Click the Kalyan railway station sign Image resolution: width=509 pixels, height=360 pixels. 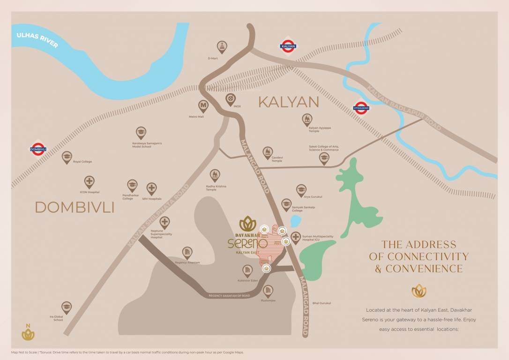(288, 45)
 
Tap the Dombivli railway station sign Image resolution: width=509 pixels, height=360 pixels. (38, 149)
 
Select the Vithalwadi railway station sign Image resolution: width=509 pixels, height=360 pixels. (361, 108)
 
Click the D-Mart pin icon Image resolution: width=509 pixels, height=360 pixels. (222, 46)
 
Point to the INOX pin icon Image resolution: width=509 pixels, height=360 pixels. (231, 98)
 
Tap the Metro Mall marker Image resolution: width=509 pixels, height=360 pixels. (203, 106)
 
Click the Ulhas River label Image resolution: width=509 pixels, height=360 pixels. (37, 40)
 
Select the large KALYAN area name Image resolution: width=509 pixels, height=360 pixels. (289, 102)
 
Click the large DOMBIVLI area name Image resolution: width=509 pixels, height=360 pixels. (75, 207)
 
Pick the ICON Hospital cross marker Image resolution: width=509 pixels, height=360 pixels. (89, 181)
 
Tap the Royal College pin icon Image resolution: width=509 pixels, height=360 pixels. (67, 157)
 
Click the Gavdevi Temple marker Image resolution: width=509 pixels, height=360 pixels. (268, 152)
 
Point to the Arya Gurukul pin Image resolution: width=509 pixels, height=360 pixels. (301, 190)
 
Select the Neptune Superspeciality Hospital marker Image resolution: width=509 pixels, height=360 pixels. (165, 222)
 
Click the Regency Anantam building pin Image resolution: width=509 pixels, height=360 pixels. (187, 252)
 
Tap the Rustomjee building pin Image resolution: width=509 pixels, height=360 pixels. (268, 291)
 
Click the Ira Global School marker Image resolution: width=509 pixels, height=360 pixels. (67, 307)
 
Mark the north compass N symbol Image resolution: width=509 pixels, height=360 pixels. (28, 332)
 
